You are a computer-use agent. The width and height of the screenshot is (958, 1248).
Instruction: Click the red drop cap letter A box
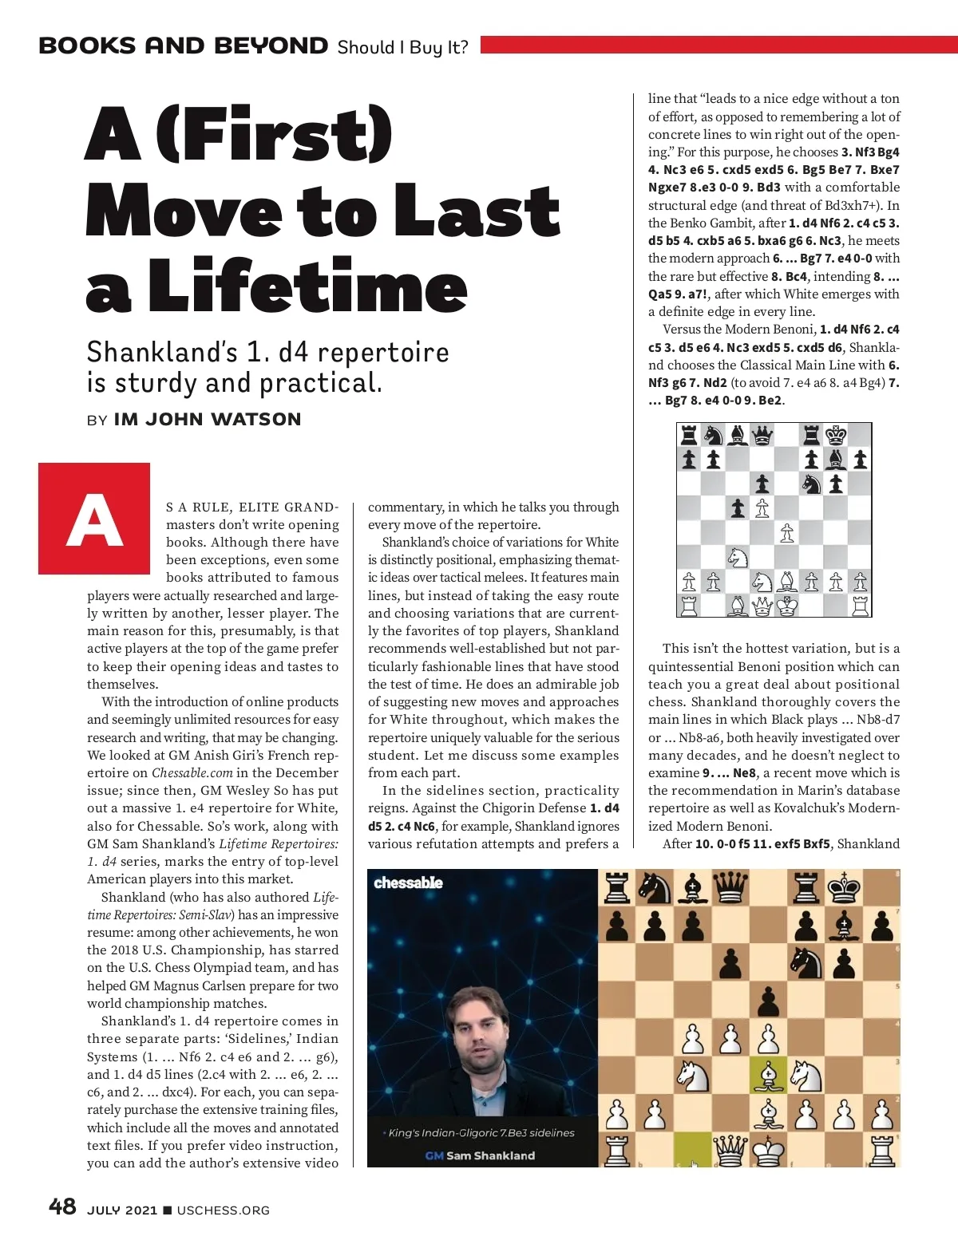click(94, 519)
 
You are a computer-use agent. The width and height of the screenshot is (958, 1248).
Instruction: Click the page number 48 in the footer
click(62, 1207)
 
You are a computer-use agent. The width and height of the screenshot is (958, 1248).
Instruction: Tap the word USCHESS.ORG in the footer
click(224, 1210)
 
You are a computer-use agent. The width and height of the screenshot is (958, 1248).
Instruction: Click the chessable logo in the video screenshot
click(408, 883)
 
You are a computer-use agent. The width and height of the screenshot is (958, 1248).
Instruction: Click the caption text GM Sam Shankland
click(481, 1155)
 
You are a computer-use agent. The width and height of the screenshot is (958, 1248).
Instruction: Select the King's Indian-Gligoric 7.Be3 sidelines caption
click(481, 1133)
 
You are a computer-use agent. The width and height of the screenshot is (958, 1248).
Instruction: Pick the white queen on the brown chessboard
click(730, 1149)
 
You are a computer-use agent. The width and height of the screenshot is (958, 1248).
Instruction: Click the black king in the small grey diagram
click(836, 436)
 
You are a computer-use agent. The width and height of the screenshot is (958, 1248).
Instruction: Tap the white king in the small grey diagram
click(787, 606)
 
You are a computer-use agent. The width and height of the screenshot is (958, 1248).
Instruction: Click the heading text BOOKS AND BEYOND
click(184, 45)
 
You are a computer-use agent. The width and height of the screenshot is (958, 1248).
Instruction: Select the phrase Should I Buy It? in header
click(402, 47)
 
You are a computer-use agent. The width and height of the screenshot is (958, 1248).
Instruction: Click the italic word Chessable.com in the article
click(192, 773)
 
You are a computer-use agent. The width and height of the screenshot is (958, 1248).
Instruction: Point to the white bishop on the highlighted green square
click(768, 1075)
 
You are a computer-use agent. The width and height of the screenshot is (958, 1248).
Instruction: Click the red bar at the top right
click(718, 45)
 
